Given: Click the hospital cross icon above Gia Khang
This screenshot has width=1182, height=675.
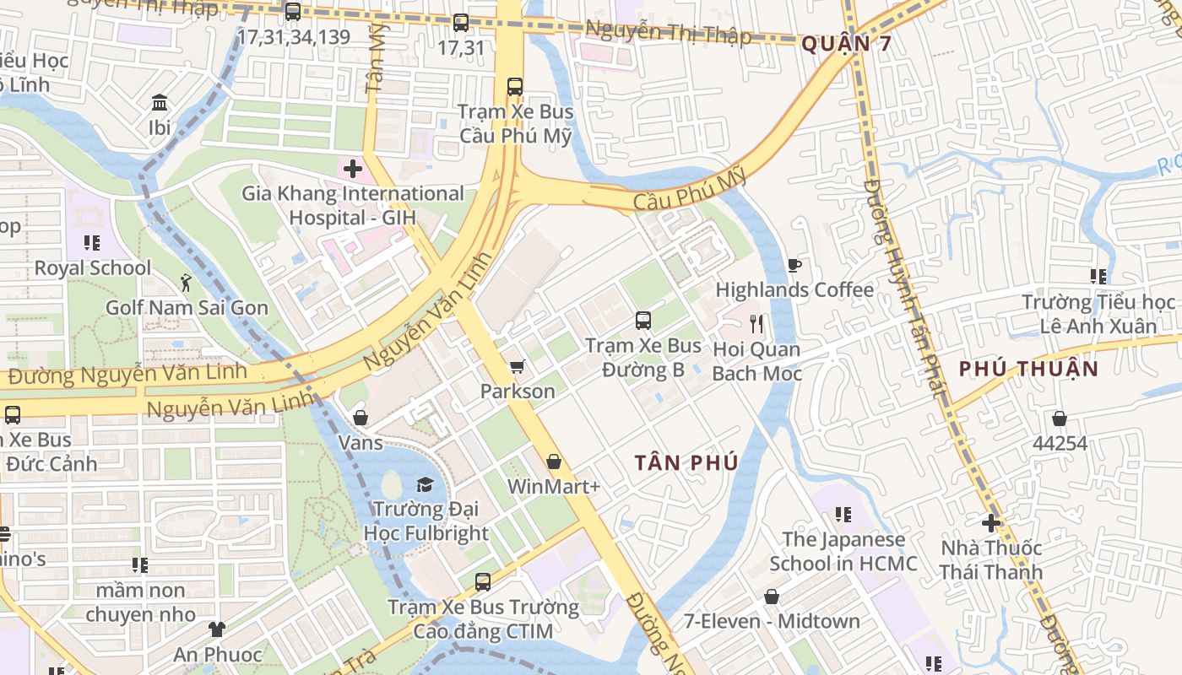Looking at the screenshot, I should click(x=353, y=169).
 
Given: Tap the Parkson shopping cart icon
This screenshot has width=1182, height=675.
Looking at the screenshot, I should click(x=517, y=367).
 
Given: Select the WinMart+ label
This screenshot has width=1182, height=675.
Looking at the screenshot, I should click(x=553, y=487).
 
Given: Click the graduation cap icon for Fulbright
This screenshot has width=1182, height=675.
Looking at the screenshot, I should click(x=425, y=484).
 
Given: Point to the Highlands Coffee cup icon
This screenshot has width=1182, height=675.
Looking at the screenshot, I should click(x=794, y=266).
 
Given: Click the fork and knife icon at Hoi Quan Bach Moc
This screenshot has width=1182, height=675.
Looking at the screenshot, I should click(x=756, y=324).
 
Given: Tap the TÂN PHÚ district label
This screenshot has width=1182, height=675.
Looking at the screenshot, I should click(x=686, y=462).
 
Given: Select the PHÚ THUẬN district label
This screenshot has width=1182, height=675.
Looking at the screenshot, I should click(x=1028, y=369).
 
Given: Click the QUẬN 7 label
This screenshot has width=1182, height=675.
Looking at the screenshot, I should click(x=845, y=44).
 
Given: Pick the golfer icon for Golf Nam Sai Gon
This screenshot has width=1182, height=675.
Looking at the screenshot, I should click(x=186, y=283).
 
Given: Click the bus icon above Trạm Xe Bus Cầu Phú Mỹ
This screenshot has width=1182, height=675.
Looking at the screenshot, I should click(x=514, y=86).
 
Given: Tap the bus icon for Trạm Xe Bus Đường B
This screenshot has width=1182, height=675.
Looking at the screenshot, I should click(x=643, y=321).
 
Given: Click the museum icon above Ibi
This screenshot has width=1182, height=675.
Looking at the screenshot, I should click(x=160, y=103).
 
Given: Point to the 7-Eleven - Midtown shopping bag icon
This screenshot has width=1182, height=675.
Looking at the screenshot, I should click(x=772, y=597).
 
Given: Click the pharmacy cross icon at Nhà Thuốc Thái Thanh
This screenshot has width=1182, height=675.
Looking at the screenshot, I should click(x=991, y=523).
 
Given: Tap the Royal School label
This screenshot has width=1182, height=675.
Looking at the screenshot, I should click(x=93, y=268).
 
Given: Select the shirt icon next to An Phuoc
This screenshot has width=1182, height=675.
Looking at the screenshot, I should click(x=217, y=629).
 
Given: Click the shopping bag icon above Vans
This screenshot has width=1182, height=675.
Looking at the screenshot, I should click(x=361, y=418).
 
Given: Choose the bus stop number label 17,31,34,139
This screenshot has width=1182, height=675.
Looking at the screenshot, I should click(x=293, y=36).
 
